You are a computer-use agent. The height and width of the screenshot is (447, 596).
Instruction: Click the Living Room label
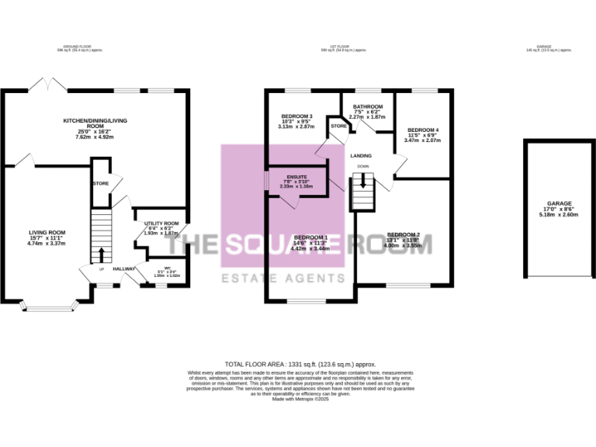click(x=47, y=232)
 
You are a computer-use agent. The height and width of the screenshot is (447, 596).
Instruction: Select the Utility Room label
click(x=161, y=223)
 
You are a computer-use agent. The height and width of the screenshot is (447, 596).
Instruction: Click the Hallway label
click(x=125, y=269)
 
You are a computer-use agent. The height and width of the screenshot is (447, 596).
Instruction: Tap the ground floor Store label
click(x=100, y=184)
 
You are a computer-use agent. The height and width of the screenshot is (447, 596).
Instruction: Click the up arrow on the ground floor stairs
click(x=102, y=254)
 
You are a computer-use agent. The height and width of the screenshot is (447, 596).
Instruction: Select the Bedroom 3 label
click(x=296, y=116)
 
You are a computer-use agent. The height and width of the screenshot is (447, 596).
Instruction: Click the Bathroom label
click(x=368, y=106)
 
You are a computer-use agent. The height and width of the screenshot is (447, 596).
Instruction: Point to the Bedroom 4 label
click(x=423, y=130)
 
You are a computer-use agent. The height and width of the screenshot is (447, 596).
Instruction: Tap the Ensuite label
click(x=296, y=177)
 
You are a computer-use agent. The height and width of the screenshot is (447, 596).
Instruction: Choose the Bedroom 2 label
click(x=403, y=234)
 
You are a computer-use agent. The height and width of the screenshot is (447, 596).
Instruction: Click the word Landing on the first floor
click(x=361, y=156)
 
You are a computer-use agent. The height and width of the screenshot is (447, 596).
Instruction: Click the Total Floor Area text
click(x=300, y=363)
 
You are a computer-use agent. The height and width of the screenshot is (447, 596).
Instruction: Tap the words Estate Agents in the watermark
click(x=282, y=278)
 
